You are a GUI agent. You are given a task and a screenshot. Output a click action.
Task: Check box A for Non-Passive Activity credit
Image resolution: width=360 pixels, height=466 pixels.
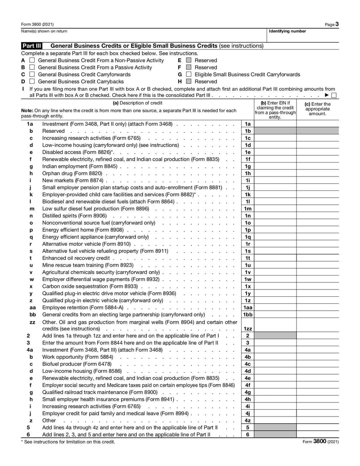[x=32, y=60]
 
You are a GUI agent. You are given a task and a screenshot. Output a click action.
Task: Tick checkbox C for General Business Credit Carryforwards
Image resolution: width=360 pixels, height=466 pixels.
[x=32, y=74]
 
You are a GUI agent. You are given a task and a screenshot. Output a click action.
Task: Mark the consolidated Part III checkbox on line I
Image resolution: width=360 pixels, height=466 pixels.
[x=333, y=95]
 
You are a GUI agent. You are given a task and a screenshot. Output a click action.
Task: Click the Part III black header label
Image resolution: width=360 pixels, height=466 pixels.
[x=32, y=46]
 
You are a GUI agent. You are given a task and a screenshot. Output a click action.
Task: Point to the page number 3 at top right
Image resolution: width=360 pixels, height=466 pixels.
[x=337, y=24]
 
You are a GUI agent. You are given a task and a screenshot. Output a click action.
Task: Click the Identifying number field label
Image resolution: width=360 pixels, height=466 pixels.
[x=287, y=32]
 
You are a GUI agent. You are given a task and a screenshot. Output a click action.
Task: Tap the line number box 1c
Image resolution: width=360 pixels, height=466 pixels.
[x=247, y=138]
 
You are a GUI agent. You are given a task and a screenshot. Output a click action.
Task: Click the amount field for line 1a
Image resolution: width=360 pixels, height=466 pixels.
[x=317, y=124]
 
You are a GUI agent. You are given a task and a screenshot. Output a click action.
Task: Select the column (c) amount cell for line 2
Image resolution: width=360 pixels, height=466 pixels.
[x=317, y=335]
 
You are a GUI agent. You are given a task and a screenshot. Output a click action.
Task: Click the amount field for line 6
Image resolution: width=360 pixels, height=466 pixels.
[x=317, y=434]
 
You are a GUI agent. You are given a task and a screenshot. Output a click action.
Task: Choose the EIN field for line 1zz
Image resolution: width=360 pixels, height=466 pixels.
[x=275, y=329]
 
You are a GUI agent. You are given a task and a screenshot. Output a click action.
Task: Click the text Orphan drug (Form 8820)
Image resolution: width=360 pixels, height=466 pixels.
[x=72, y=173]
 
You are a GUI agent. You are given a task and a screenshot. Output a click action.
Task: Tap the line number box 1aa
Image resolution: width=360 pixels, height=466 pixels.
[x=247, y=308]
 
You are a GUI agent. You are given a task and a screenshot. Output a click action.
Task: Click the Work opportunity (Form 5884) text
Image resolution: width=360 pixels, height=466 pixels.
[x=77, y=357]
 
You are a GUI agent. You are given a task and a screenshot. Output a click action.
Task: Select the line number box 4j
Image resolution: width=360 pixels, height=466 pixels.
[x=247, y=413]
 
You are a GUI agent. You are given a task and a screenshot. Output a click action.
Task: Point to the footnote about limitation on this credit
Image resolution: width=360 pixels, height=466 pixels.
[x=67, y=442]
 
